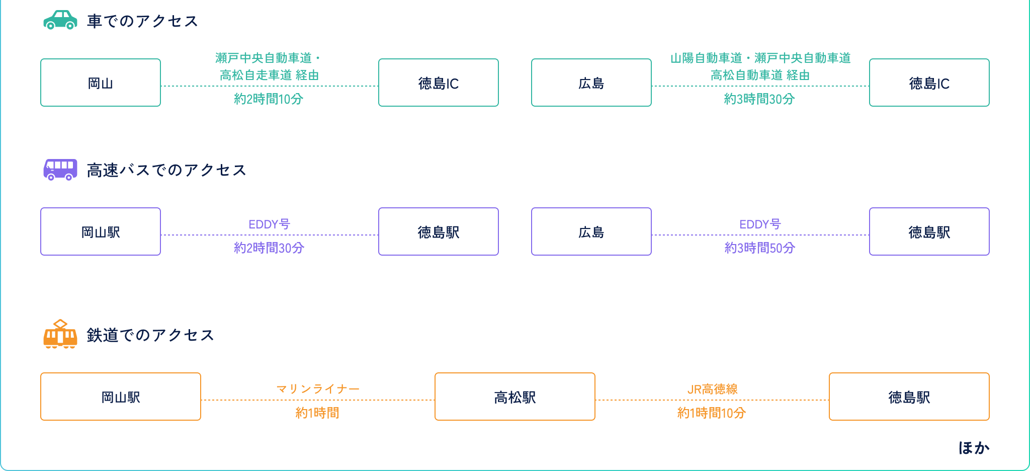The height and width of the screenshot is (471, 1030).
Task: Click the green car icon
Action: click(x=60, y=20)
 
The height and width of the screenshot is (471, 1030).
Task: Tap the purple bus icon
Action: click(x=60, y=170)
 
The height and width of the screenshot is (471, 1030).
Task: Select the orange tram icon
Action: click(x=60, y=334)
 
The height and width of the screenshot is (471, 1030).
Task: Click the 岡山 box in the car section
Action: click(x=101, y=83)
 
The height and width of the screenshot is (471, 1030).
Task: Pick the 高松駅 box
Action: click(x=514, y=397)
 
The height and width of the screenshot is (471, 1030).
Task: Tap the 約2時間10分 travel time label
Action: click(x=269, y=99)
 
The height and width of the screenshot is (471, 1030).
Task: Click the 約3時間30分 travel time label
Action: click(x=759, y=99)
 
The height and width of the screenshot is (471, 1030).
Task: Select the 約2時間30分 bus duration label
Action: click(x=269, y=248)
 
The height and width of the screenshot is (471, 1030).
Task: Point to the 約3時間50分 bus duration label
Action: click(x=760, y=248)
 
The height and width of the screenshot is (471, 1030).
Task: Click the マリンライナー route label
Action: click(x=318, y=389)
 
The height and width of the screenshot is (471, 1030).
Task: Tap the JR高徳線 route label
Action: click(x=712, y=389)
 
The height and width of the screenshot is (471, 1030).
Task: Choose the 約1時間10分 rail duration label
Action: click(x=712, y=413)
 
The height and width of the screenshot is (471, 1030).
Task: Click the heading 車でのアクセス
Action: click(x=143, y=21)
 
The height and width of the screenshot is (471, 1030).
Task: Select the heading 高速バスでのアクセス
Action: click(x=166, y=170)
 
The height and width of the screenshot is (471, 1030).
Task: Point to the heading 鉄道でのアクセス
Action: click(x=150, y=335)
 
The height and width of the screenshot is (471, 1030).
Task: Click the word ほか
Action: click(x=974, y=448)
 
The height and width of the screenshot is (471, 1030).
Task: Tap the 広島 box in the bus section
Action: click(x=591, y=231)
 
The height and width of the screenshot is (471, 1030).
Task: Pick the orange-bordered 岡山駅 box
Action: click(x=121, y=397)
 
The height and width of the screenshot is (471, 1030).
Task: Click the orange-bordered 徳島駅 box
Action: click(x=909, y=397)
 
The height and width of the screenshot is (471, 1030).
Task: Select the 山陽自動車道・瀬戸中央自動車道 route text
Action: click(x=760, y=58)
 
